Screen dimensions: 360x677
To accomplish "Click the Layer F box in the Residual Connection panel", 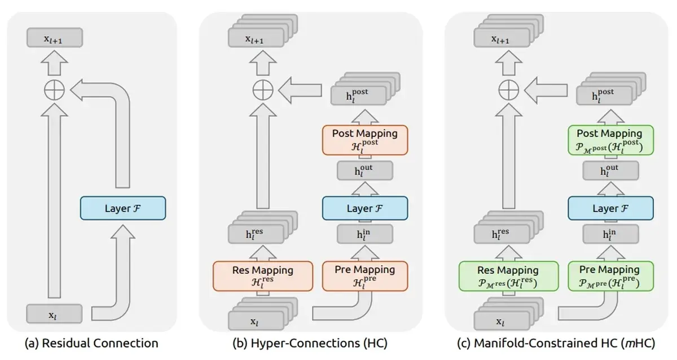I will click(123, 208).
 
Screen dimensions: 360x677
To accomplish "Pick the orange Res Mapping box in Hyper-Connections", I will click(262, 275).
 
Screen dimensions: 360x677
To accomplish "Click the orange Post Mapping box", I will click(366, 139).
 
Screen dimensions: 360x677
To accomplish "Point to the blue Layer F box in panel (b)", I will click(366, 208).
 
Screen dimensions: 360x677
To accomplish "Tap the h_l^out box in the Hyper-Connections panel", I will click(366, 171).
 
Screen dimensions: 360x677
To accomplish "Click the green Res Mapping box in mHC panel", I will click(508, 275).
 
